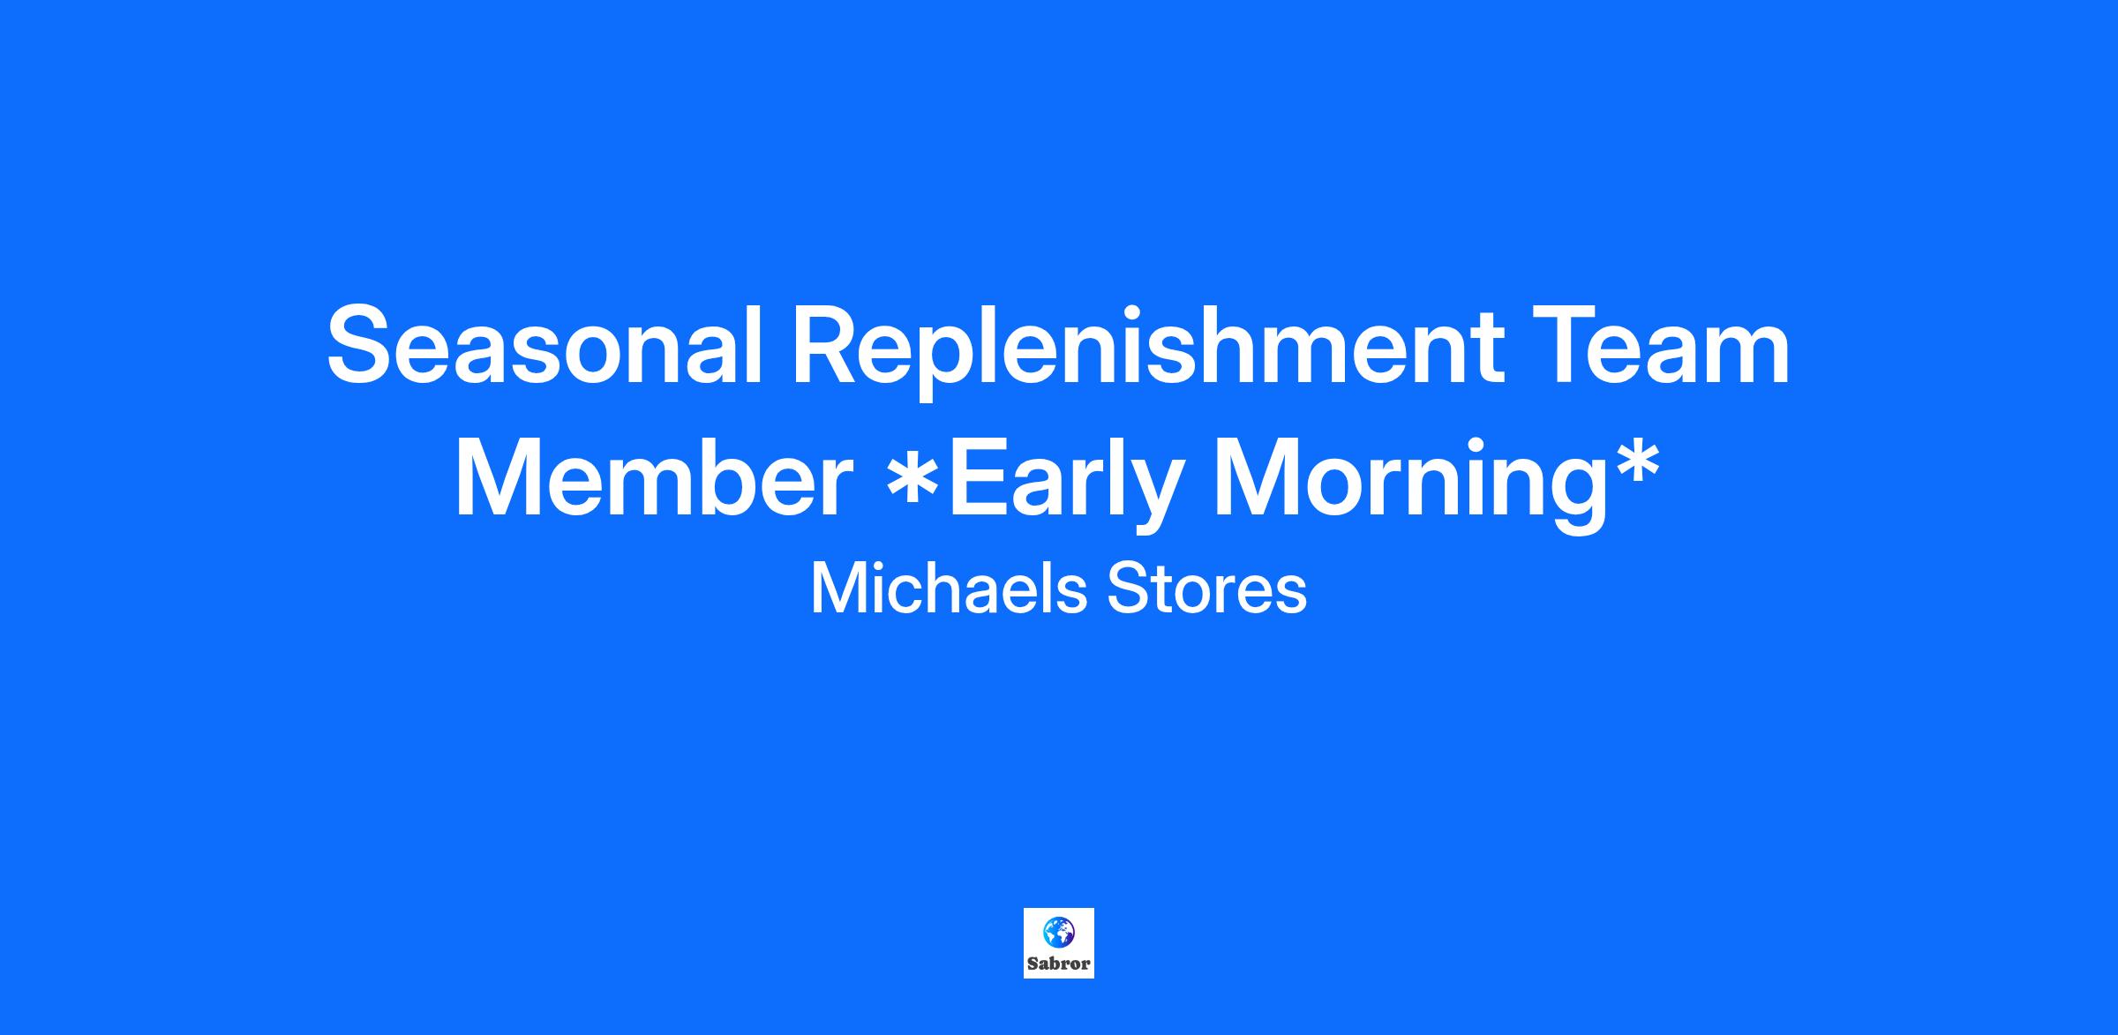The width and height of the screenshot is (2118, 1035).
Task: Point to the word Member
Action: coord(653,477)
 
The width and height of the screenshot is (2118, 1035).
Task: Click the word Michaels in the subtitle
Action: coord(949,589)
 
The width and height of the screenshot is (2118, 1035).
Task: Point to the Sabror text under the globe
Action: coord(1058,964)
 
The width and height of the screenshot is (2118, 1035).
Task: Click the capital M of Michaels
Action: coord(837,589)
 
